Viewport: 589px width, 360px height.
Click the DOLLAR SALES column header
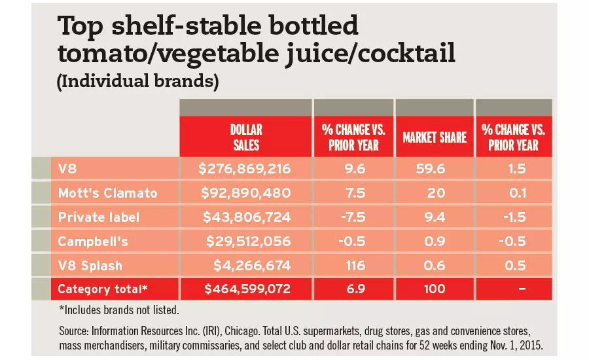[247, 137]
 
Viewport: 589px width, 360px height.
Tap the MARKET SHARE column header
[435, 137]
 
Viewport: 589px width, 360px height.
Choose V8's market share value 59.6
[435, 169]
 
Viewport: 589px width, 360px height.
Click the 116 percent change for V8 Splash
[353, 265]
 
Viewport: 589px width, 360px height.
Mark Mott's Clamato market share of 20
[435, 193]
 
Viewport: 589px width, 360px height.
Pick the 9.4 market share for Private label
[435, 217]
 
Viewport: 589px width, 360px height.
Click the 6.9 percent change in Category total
[353, 289]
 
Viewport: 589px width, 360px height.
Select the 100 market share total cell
[435, 289]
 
